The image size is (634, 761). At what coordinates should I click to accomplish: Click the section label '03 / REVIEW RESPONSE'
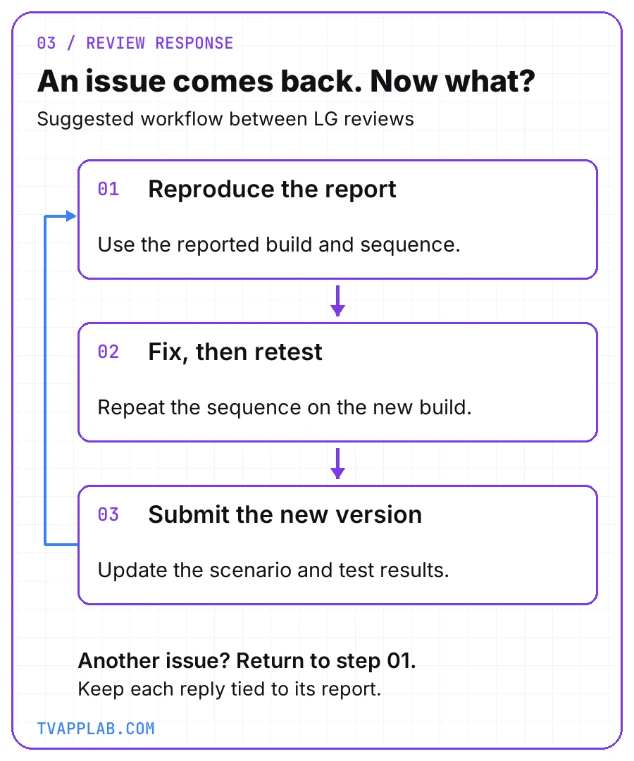pyautogui.click(x=135, y=43)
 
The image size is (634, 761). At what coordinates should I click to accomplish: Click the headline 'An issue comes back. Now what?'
pyautogui.click(x=286, y=80)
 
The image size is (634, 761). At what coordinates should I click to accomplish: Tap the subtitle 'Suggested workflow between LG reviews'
pyautogui.click(x=225, y=119)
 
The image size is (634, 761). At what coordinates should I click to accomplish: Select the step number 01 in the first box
pyautogui.click(x=108, y=189)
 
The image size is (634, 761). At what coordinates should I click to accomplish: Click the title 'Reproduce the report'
pyautogui.click(x=272, y=190)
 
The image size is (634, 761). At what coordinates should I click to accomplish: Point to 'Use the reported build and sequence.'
pyautogui.click(x=279, y=245)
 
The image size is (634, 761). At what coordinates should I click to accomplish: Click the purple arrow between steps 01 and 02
pyautogui.click(x=337, y=300)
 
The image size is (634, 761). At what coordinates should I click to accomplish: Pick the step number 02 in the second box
pyautogui.click(x=108, y=352)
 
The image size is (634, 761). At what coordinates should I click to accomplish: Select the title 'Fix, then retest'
pyautogui.click(x=235, y=352)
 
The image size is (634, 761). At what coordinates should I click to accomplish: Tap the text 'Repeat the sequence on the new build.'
pyautogui.click(x=285, y=408)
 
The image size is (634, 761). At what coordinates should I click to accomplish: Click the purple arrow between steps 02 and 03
pyautogui.click(x=337, y=463)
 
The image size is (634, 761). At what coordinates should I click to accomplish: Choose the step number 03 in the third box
pyautogui.click(x=108, y=514)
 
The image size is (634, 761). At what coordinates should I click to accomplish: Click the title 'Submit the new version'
pyautogui.click(x=285, y=514)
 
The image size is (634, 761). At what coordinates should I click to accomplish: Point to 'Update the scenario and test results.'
pyautogui.click(x=273, y=570)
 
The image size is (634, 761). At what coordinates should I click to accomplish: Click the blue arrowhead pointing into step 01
pyautogui.click(x=71, y=216)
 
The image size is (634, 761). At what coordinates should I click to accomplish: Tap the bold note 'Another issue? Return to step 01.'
pyautogui.click(x=247, y=660)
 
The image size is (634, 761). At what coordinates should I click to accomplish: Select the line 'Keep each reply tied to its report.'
pyautogui.click(x=230, y=689)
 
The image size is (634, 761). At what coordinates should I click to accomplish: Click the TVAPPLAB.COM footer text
pyautogui.click(x=96, y=729)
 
